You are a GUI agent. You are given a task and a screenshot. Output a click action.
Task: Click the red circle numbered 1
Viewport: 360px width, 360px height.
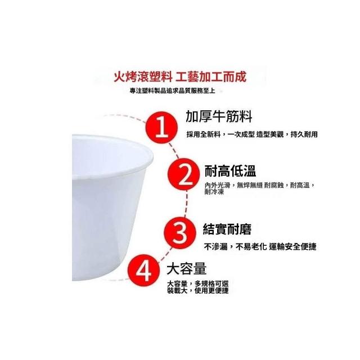click(162, 128)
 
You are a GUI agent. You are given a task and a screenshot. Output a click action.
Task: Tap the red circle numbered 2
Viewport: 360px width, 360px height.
click(183, 174)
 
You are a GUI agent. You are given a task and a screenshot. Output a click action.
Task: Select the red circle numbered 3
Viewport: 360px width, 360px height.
click(180, 233)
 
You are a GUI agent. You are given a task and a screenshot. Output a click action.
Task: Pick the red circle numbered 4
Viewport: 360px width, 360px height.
click(144, 271)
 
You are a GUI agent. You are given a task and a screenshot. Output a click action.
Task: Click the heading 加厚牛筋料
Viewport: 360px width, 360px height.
click(219, 116)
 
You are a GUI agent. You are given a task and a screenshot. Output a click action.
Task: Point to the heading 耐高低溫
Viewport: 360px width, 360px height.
click(230, 171)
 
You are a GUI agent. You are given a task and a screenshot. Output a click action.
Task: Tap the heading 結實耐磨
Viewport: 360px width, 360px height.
click(227, 229)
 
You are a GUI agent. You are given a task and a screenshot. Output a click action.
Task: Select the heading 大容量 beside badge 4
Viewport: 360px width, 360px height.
click(186, 268)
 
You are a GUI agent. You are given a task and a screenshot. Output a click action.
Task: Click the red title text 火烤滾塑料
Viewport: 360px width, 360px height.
click(143, 76)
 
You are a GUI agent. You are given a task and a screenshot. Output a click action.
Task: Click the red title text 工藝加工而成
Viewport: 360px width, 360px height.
click(211, 76)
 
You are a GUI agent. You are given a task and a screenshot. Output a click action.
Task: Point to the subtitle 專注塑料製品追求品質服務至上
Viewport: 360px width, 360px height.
click(173, 91)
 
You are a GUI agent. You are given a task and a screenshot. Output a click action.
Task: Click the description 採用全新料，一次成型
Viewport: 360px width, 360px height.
click(220, 134)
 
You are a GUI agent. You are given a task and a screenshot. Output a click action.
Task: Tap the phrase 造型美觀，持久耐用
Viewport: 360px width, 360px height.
click(287, 134)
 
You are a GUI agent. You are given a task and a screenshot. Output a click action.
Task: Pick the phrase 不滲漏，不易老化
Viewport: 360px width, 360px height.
click(235, 247)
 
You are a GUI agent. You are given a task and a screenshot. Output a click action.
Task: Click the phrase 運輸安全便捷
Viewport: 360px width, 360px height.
click(292, 247)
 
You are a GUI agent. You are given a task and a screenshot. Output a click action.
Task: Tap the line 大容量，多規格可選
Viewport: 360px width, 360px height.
click(197, 283)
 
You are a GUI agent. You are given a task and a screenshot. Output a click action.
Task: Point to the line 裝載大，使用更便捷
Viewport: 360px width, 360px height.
click(197, 291)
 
